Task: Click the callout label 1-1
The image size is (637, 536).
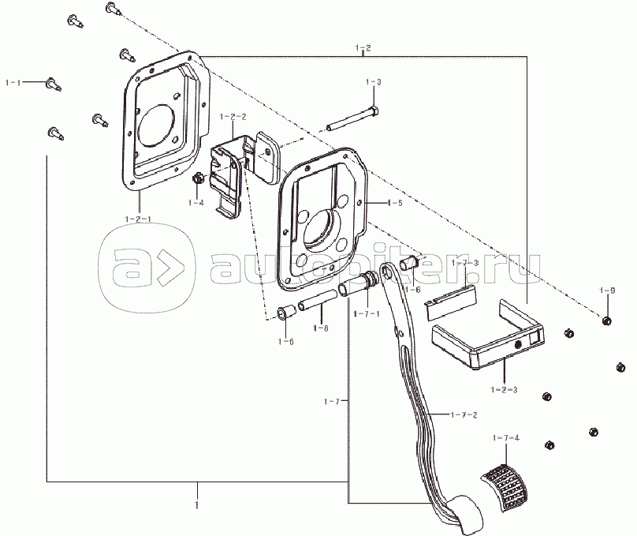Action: click(x=13, y=83)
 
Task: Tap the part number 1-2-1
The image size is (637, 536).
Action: click(x=138, y=219)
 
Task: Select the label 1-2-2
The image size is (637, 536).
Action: click(x=233, y=117)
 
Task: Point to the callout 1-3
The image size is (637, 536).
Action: click(x=374, y=82)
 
